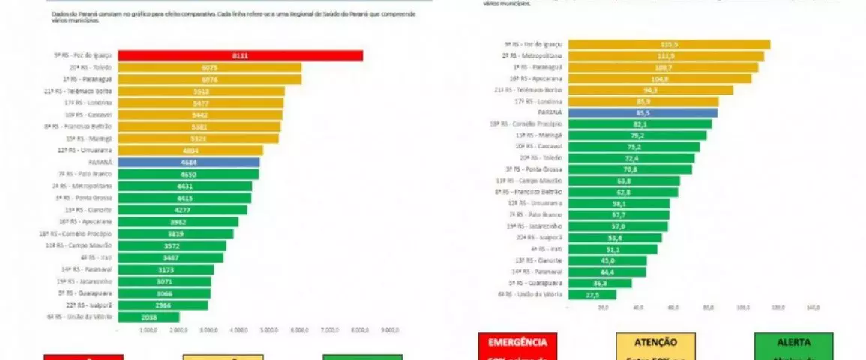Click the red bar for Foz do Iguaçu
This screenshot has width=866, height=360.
click(x=240, y=55)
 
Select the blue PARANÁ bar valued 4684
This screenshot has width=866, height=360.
click(x=189, y=162)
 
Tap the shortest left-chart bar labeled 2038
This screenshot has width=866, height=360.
click(x=149, y=316)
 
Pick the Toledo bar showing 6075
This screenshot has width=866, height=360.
click(x=209, y=67)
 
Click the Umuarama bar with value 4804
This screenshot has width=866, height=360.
click(x=190, y=150)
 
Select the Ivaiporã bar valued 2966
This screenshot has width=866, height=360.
click(x=163, y=304)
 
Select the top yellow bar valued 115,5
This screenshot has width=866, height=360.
click(x=669, y=44)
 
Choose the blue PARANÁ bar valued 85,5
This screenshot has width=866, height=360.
click(x=642, y=113)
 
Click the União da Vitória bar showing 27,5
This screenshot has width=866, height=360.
click(x=592, y=295)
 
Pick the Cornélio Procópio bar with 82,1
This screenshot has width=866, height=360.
click(x=640, y=124)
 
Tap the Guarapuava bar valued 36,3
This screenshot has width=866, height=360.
click(x=600, y=283)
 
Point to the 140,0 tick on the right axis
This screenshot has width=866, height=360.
click(x=813, y=306)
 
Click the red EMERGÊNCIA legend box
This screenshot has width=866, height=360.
click(x=517, y=346)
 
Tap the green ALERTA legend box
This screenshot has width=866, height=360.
click(x=793, y=346)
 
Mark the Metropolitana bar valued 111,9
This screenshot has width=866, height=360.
click(x=666, y=55)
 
